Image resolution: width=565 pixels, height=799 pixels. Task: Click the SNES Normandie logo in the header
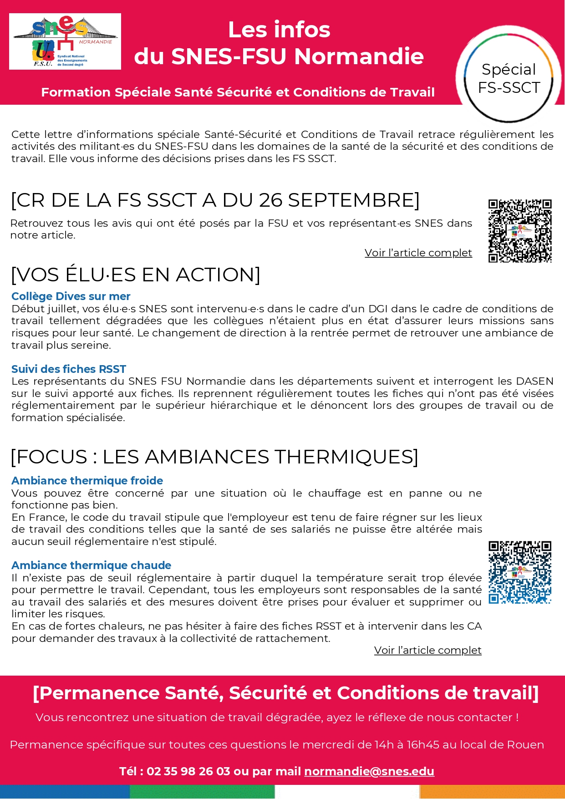click(65, 41)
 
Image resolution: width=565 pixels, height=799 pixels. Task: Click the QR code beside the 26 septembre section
click(520, 231)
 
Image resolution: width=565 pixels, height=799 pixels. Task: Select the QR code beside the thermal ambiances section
click(520, 572)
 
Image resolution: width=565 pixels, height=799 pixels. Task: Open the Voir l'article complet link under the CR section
click(418, 253)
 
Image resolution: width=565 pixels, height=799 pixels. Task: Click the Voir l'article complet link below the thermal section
click(428, 650)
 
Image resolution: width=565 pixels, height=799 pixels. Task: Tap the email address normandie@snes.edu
click(369, 771)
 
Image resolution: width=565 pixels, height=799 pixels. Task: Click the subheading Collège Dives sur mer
click(71, 296)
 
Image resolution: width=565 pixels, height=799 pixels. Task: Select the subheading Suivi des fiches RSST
click(69, 369)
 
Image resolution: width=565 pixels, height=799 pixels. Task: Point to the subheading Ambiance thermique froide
click(87, 481)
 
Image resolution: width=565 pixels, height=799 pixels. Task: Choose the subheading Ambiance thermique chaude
click(91, 565)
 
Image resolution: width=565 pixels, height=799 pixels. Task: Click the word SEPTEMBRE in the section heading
click(352, 200)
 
